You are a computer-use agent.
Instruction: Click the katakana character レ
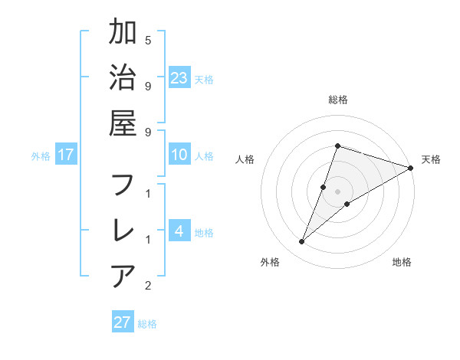123,230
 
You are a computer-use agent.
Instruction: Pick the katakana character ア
123,275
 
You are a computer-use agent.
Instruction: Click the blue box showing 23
179,77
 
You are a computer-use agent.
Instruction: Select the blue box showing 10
179,155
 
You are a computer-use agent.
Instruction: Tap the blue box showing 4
179,231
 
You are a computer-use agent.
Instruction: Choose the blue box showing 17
66,155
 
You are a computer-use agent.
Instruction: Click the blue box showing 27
123,322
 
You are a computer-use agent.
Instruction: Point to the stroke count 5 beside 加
148,39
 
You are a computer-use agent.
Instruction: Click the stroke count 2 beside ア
148,286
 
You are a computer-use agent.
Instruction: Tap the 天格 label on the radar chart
431,159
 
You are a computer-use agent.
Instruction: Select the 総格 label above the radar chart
338,100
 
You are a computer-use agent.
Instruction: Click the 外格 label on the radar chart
269,262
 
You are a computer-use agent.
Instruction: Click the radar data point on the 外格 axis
302,242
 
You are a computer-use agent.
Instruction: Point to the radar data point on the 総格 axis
337,146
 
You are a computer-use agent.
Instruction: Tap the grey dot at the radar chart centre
337,191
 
